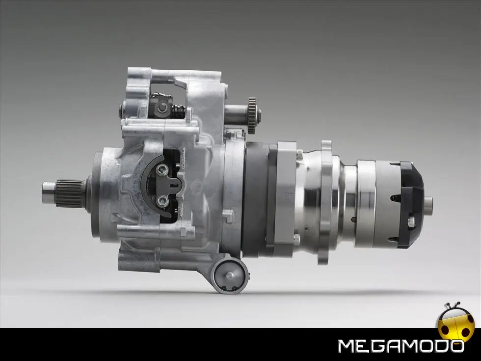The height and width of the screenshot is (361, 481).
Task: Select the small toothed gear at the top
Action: point(252,115)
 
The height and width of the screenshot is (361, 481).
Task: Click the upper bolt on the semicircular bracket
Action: point(162,168)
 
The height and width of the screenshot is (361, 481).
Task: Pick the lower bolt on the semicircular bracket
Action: point(162,201)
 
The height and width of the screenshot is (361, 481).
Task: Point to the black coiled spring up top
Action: point(178,111)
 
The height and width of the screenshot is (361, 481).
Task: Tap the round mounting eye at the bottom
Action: point(230,276)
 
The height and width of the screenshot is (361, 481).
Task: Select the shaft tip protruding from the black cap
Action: point(428,203)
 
